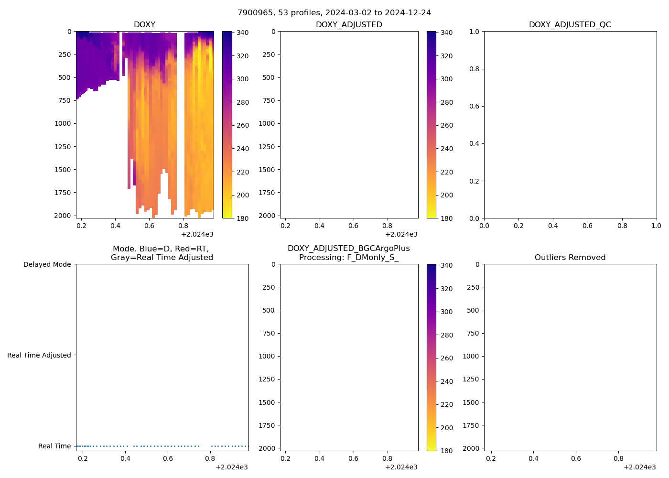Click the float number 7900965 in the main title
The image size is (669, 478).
point(253,12)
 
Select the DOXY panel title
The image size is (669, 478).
point(144,24)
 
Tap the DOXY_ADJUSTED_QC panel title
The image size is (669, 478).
point(570,24)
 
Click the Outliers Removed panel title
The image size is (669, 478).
point(570,257)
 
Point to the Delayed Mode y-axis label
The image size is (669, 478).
point(47,264)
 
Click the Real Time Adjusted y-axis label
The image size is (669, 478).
point(39,355)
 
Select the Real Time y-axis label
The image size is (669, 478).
point(54,446)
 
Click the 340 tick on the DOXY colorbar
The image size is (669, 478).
point(243,33)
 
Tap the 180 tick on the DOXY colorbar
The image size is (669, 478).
point(243,218)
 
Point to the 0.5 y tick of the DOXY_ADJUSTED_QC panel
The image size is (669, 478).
point(474,125)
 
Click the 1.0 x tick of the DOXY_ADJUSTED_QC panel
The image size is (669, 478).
point(656,226)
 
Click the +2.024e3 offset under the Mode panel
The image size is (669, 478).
point(231,467)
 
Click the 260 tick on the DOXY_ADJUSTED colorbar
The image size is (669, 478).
point(447,125)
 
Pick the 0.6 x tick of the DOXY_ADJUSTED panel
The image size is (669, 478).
point(353,226)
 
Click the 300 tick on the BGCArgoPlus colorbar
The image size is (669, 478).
point(447,312)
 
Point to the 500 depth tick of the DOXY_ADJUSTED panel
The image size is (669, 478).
point(269,77)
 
